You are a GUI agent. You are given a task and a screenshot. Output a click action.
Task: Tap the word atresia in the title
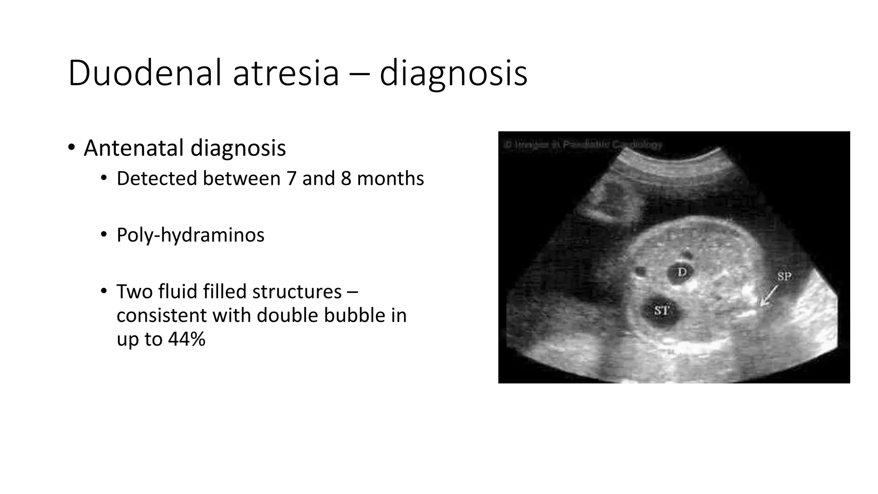click(x=286, y=74)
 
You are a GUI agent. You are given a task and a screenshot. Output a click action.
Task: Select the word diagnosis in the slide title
click(x=453, y=74)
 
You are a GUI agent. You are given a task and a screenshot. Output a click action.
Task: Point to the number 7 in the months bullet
click(x=292, y=178)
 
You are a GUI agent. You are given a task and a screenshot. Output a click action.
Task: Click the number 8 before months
click(x=346, y=178)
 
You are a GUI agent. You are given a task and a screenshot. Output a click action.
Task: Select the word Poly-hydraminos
click(x=190, y=235)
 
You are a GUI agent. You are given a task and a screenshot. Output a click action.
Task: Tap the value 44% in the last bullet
click(x=186, y=339)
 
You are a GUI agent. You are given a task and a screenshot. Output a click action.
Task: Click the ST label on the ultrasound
click(x=661, y=310)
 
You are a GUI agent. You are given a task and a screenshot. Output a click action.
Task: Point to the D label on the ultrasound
click(x=682, y=272)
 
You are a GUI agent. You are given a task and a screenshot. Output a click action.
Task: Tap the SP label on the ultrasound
click(x=784, y=277)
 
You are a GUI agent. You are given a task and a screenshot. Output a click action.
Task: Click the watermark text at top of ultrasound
click(x=583, y=145)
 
